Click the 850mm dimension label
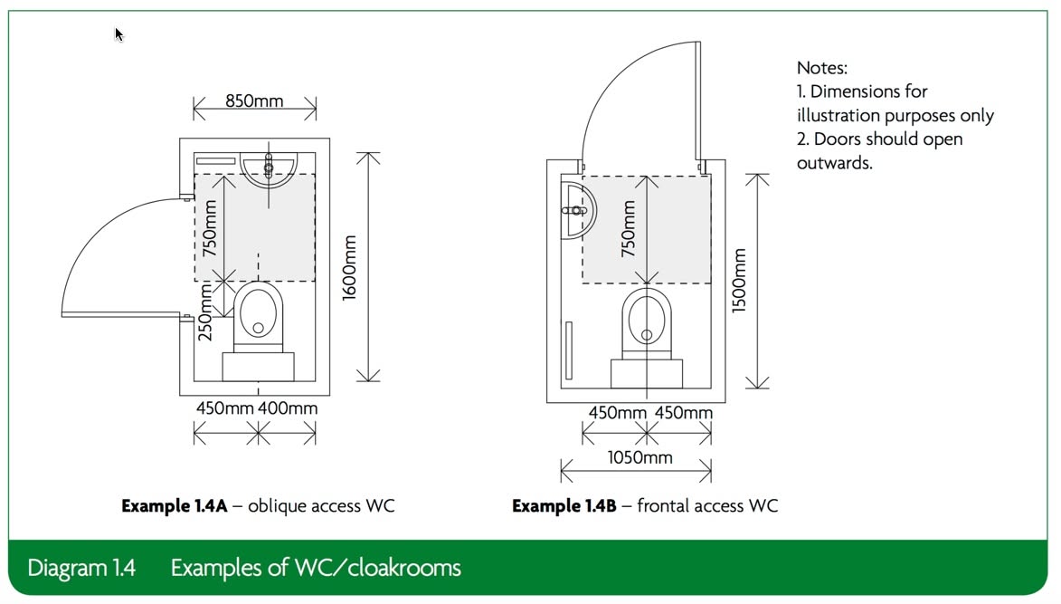tap(254, 101)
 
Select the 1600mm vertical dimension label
tap(349, 267)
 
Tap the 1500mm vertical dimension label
tap(739, 281)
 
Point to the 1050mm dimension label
tap(640, 457)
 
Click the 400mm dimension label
tap(288, 408)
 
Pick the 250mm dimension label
tap(205, 312)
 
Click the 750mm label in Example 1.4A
tap(210, 228)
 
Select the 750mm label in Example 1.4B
tap(629, 229)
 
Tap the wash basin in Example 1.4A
tap(269, 170)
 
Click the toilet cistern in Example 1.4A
tap(258, 367)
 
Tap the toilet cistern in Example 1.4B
tap(647, 374)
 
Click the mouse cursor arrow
tap(119, 34)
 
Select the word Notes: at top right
tap(822, 68)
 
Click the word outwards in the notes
tap(834, 163)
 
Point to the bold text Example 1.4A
tap(175, 506)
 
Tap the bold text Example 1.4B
tap(564, 506)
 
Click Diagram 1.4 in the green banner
tap(81, 568)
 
